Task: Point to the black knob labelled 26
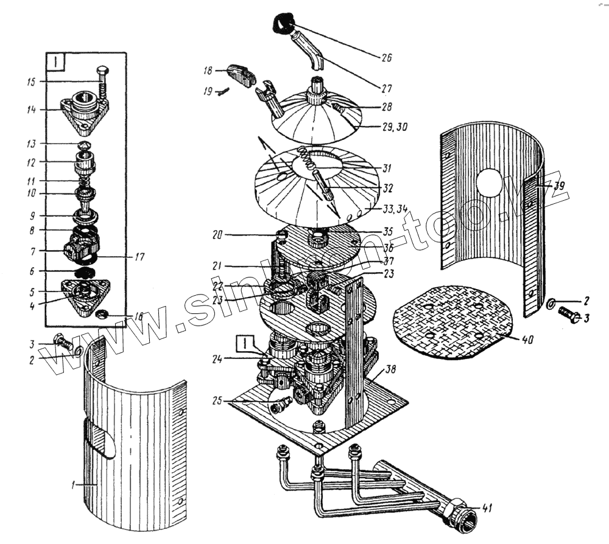pyautogui.click(x=281, y=25)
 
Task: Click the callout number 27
pyautogui.click(x=386, y=88)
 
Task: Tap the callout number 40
pyautogui.click(x=527, y=340)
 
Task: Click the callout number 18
pyautogui.click(x=207, y=71)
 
